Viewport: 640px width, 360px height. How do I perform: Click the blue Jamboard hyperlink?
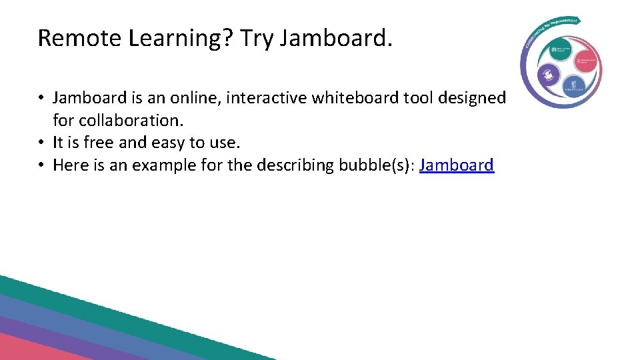tap(457, 165)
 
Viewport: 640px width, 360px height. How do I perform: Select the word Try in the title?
tap(257, 39)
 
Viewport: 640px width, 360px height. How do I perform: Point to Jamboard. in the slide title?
tap(337, 39)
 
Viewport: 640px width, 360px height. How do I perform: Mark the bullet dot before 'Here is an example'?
tap(41, 165)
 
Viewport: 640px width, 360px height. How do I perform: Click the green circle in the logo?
tap(557, 51)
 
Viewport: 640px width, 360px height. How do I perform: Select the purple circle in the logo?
tap(548, 75)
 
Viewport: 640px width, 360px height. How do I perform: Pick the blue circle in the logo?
tap(574, 85)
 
